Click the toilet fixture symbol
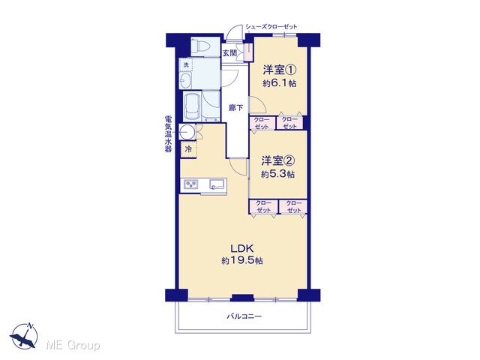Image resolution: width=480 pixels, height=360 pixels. [x=201, y=46]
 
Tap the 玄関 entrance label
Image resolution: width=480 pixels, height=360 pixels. [x=229, y=53]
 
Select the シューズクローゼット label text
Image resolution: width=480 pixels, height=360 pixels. [x=271, y=27]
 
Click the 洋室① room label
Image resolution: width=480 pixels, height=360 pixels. [x=280, y=70]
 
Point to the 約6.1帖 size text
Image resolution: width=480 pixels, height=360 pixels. [x=280, y=83]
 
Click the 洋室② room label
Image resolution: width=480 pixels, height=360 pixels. [x=278, y=160]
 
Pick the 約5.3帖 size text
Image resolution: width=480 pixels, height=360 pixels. [x=278, y=174]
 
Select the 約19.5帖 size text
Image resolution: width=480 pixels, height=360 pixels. [x=242, y=260]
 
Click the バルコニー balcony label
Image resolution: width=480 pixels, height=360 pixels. [x=244, y=316]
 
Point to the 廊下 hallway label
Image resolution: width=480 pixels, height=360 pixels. [x=236, y=107]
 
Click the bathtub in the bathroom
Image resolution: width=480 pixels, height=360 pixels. [x=192, y=106]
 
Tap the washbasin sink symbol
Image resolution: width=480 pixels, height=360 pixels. [x=185, y=80]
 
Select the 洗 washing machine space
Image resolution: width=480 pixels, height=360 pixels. [x=186, y=64]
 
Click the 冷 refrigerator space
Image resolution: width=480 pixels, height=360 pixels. [x=188, y=149]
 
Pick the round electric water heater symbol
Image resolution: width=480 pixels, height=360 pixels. [x=187, y=132]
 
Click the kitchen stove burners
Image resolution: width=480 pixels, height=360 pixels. [x=191, y=184]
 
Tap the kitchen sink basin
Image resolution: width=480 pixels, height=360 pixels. [x=217, y=184]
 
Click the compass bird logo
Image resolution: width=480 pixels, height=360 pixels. [x=24, y=336]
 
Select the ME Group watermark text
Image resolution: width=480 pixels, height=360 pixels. [x=73, y=345]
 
